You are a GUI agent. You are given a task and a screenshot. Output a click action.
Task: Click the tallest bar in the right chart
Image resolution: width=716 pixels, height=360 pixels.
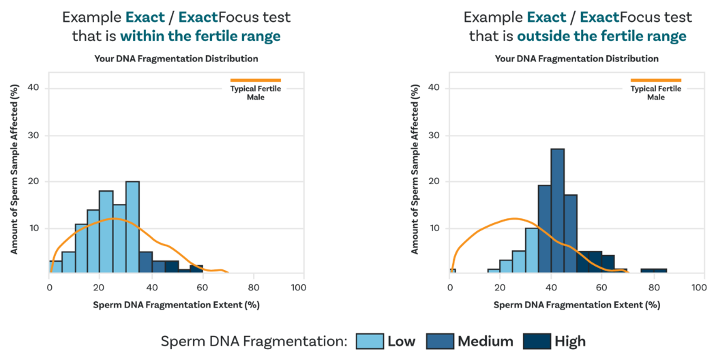click(x=557, y=211)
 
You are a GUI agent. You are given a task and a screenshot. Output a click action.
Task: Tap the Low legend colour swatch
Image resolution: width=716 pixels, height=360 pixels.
click(x=369, y=340)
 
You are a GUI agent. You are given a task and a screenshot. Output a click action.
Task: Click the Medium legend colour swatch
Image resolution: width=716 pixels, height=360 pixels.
click(x=439, y=340)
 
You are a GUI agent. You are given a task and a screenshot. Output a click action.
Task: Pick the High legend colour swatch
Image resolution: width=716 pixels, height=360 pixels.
click(x=535, y=340)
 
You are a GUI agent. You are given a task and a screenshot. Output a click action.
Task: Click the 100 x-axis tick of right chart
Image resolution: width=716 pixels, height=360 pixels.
click(x=698, y=287)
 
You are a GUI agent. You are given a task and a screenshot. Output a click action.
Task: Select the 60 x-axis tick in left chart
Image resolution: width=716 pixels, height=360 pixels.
click(x=198, y=287)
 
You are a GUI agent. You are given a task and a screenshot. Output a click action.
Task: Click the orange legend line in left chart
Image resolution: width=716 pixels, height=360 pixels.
click(x=255, y=80)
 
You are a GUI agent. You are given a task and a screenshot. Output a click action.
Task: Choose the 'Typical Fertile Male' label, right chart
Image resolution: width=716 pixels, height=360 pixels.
click(x=655, y=93)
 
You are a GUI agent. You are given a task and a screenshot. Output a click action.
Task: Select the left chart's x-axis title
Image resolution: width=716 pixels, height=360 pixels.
click(x=176, y=305)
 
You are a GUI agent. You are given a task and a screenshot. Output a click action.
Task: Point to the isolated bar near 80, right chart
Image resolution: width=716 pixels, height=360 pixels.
click(x=653, y=271)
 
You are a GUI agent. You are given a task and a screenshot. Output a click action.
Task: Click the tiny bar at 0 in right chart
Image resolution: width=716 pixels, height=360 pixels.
click(x=452, y=271)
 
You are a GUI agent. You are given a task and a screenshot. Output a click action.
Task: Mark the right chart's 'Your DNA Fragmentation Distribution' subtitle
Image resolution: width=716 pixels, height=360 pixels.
click(x=576, y=59)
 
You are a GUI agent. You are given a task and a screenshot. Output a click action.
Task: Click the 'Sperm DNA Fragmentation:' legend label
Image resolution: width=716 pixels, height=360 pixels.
click(x=254, y=340)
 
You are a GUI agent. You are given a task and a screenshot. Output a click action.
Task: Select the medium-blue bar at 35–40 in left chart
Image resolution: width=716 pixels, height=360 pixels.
click(x=145, y=262)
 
